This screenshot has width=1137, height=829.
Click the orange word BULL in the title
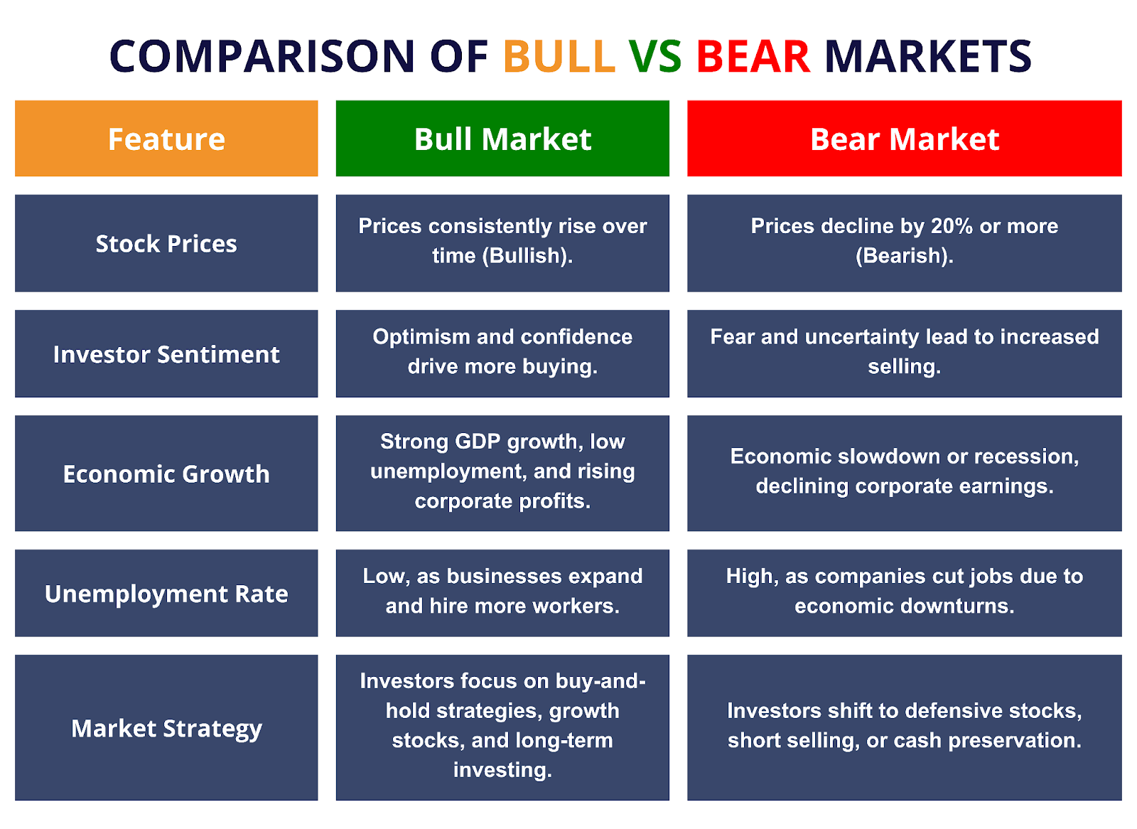(559, 56)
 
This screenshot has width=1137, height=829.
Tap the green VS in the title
(655, 56)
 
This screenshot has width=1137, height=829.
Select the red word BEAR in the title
(753, 56)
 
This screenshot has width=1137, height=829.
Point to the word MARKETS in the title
(928, 56)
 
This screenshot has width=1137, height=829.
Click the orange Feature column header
(166, 139)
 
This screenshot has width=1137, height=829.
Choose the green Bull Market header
(502, 139)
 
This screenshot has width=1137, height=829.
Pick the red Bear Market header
(905, 139)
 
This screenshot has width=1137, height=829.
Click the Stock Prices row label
(166, 244)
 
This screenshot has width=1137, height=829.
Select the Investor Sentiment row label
(166, 354)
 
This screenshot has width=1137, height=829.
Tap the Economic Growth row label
(166, 474)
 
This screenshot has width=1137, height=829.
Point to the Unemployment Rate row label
(166, 593)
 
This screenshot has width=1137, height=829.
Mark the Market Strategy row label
(166, 728)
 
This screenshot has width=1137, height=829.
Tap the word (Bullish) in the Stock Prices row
(527, 256)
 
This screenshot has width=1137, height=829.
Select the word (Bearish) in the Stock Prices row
(905, 256)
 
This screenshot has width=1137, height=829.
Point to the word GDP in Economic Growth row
(478, 442)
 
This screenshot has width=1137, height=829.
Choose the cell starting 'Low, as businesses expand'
(502, 593)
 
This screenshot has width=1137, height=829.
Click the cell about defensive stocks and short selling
(905, 728)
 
